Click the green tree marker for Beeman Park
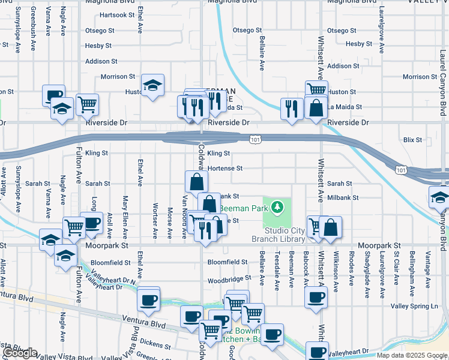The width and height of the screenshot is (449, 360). point(277,208)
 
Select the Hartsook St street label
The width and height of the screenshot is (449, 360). point(116,14)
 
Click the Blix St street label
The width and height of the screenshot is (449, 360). point(412,139)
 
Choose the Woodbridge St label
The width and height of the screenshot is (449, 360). point(228,279)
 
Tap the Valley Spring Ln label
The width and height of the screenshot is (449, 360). point(414,306)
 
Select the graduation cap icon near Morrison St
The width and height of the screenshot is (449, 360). point(152,85)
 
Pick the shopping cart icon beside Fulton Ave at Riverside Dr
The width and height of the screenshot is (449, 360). point(88,104)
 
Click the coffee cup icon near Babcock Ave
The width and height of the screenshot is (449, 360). point(316,297)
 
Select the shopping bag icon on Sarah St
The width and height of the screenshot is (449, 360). point(196,181)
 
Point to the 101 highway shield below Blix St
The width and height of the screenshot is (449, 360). point(400,170)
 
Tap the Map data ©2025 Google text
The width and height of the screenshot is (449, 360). point(411,355)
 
